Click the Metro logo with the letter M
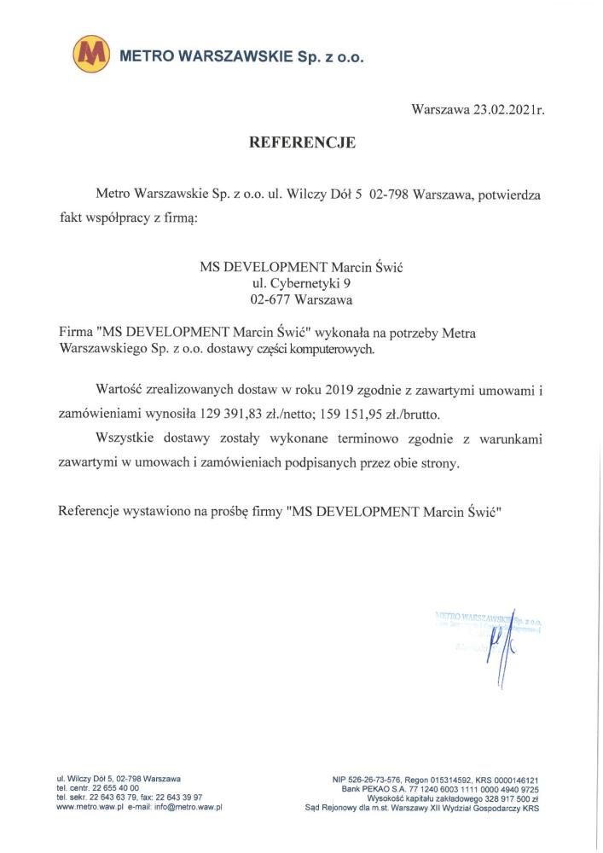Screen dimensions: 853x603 pyautogui.click(x=91, y=55)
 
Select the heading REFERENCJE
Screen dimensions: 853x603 pyautogui.click(x=301, y=142)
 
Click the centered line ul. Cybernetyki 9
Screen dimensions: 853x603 pyautogui.click(x=301, y=283)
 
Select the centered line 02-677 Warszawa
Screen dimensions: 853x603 pyautogui.click(x=301, y=299)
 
